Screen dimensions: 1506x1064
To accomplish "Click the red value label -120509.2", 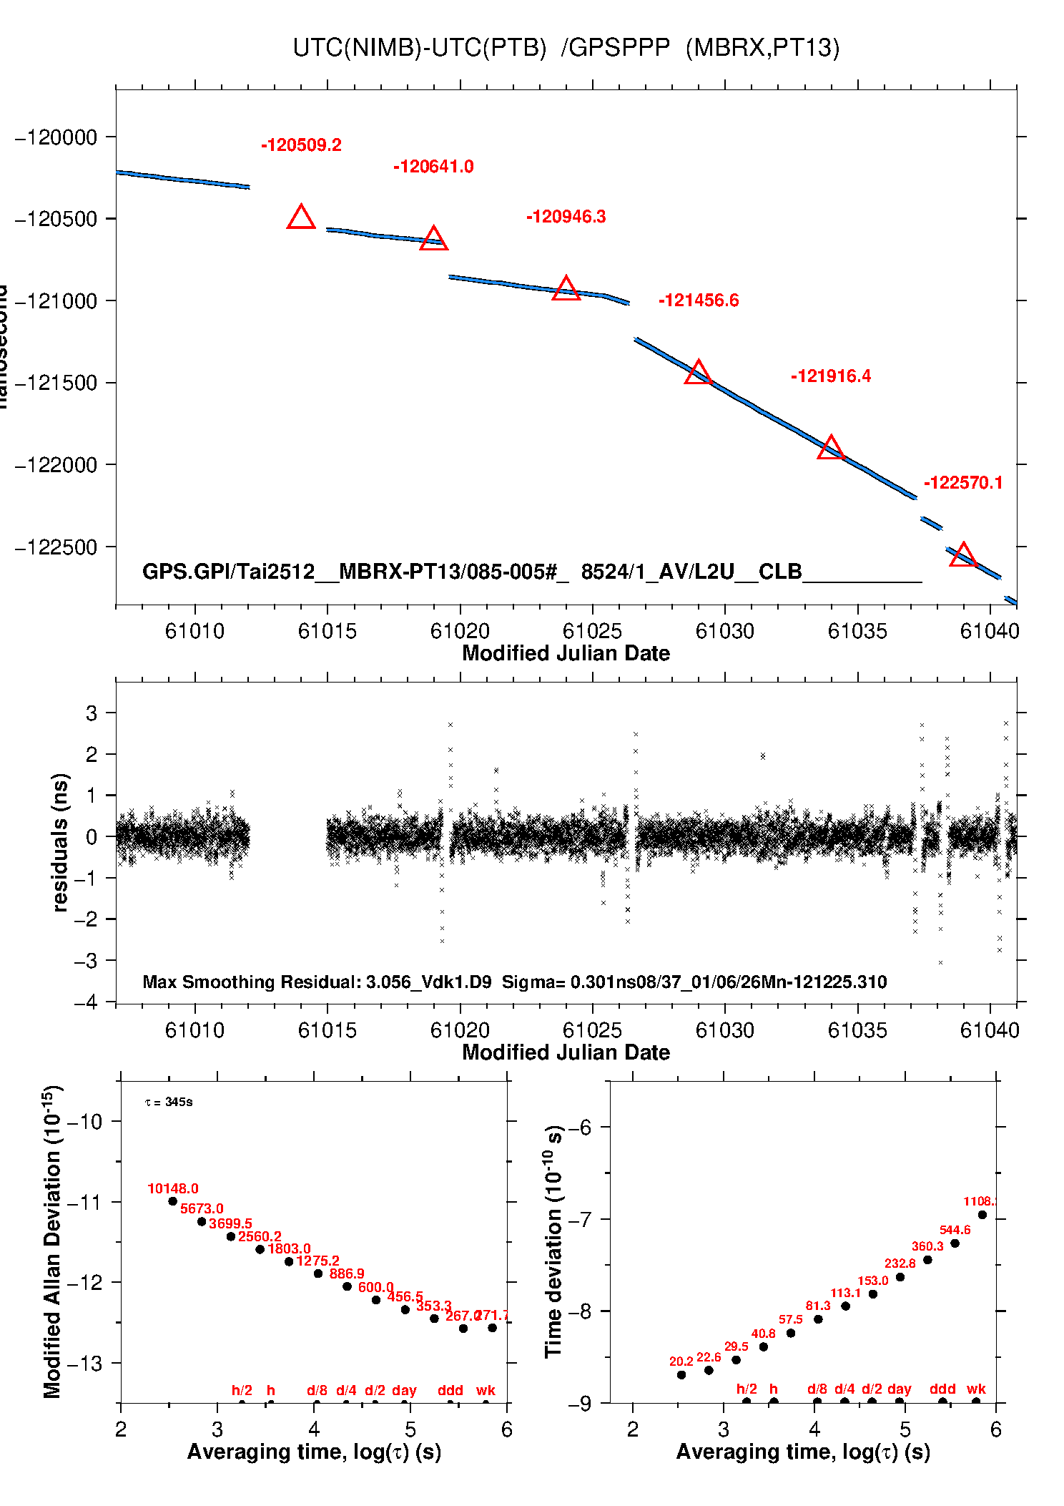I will pyautogui.click(x=301, y=145).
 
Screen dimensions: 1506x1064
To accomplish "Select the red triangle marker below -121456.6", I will pyautogui.click(x=698, y=373).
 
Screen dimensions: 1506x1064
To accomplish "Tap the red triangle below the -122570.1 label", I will pyautogui.click(x=962, y=555).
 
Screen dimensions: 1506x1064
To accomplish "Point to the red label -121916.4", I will pyautogui.click(x=831, y=376).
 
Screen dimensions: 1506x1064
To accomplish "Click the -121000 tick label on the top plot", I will pyautogui.click(x=56, y=301).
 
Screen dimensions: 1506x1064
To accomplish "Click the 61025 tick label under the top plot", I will pyautogui.click(x=592, y=631).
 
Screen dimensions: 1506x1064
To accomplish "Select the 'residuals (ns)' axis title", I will pyautogui.click(x=60, y=842).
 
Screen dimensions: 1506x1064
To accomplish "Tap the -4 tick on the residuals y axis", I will pyautogui.click(x=85, y=1002).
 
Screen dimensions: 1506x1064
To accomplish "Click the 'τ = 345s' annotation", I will pyautogui.click(x=169, y=1102).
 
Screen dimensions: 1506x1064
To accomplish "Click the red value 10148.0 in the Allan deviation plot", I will pyautogui.click(x=173, y=1188).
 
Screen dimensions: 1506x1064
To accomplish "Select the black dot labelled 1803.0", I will pyautogui.click(x=289, y=1261).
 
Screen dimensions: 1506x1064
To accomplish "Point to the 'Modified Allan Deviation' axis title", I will pyautogui.click(x=51, y=1241).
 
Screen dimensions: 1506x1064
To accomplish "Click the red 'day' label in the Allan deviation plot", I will pyautogui.click(x=404, y=1390).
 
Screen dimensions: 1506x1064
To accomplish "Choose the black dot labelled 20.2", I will pyautogui.click(x=681, y=1374).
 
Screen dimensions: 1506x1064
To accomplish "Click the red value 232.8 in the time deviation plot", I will pyautogui.click(x=900, y=1263).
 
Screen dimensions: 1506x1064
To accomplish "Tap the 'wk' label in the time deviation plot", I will pyautogui.click(x=976, y=1389).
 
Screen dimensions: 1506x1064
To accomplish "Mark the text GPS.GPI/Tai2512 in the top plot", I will pyautogui.click(x=228, y=572).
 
